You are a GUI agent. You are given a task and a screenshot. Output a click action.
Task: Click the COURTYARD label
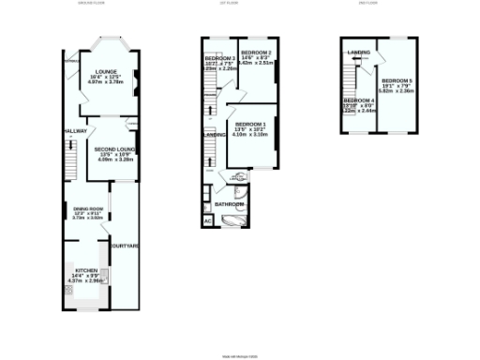click(125, 247)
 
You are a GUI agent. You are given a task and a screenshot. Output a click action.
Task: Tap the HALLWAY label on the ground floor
click(73, 130)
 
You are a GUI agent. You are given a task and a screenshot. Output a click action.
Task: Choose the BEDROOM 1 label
click(251, 125)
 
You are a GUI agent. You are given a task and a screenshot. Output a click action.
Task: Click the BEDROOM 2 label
click(256, 52)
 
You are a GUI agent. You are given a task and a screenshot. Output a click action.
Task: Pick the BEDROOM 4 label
click(359, 100)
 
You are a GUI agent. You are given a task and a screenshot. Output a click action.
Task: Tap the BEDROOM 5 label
click(397, 81)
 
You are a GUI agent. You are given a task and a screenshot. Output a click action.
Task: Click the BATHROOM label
click(229, 203)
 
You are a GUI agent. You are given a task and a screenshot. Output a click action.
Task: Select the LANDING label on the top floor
click(357, 52)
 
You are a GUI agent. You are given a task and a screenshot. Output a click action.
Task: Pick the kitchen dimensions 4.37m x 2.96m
click(84, 280)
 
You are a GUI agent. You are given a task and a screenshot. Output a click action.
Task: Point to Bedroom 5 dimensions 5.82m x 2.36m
click(397, 92)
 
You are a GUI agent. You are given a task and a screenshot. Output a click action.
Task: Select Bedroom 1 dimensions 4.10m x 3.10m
click(251, 135)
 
